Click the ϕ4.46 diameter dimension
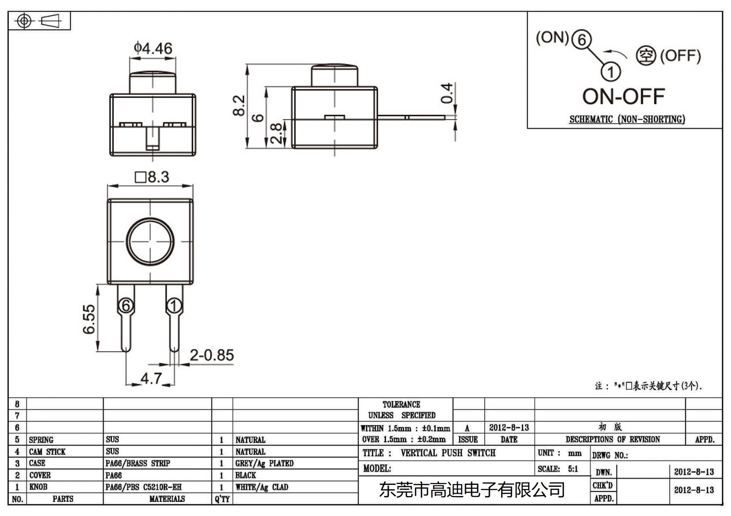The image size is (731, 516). click(153, 48)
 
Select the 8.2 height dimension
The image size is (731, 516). click(238, 105)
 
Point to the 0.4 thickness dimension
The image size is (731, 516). click(447, 93)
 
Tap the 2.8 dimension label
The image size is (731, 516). click(276, 133)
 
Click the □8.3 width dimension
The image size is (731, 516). click(152, 177)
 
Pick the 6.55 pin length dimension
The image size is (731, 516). click(89, 319)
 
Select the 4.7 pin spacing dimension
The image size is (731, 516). click(151, 378)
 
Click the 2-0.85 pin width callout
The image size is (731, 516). click(212, 355)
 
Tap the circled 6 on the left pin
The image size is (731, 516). click(126, 305)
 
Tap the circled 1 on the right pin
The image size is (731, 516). click(174, 305)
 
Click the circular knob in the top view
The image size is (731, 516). click(150, 241)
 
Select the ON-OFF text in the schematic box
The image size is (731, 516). click(623, 97)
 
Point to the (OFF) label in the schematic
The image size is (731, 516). click(680, 56)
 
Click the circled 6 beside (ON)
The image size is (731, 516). click(581, 39)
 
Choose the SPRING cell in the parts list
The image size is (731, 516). click(41, 440)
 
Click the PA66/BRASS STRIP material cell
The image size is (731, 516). click(138, 463)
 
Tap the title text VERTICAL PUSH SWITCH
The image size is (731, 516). click(448, 453)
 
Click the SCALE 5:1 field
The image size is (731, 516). click(558, 469)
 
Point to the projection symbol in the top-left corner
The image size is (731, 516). click(39, 21)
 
